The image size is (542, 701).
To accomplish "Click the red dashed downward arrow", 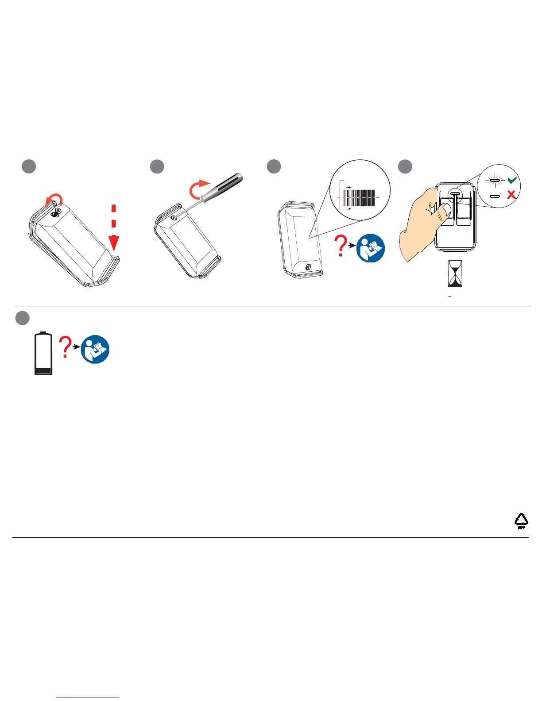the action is pyautogui.click(x=114, y=228).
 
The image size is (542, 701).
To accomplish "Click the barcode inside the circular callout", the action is pyautogui.click(x=359, y=198).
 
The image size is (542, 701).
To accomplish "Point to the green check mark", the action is pyautogui.click(x=512, y=180).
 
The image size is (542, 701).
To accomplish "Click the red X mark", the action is pyautogui.click(x=511, y=194).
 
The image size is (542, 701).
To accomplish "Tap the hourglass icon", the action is pyautogui.click(x=455, y=273).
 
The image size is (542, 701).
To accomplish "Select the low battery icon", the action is pyautogui.click(x=43, y=354).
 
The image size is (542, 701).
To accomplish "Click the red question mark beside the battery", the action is pyautogui.click(x=66, y=347).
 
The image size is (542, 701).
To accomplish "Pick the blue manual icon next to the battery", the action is pyautogui.click(x=95, y=350).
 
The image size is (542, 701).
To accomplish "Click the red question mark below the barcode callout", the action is pyautogui.click(x=341, y=246).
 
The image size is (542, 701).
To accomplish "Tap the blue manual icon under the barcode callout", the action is pyautogui.click(x=371, y=248).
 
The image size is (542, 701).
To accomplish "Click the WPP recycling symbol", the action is pyautogui.click(x=521, y=520).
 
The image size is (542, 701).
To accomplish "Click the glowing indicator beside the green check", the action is pyautogui.click(x=495, y=181).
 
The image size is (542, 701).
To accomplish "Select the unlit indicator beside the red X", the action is pyautogui.click(x=495, y=196).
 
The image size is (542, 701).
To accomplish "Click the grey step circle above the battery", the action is pyautogui.click(x=23, y=318).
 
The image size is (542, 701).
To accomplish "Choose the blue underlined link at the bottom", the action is pyautogui.click(x=88, y=697).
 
